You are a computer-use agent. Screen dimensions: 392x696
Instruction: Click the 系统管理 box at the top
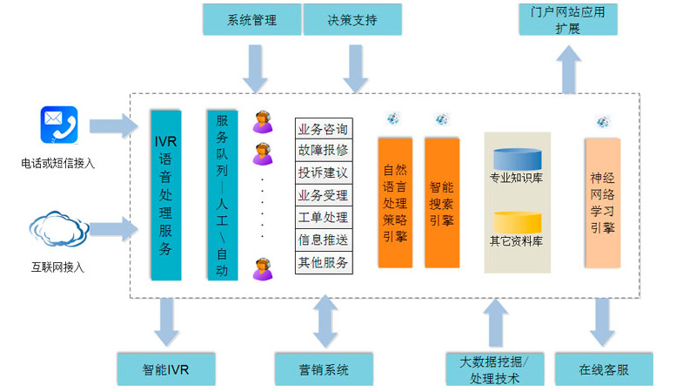pos(251,19)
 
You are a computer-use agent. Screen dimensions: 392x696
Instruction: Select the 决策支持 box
pos(352,19)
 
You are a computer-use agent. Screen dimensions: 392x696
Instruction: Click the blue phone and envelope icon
pos(58,125)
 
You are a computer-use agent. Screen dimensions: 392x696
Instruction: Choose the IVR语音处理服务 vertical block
pos(166,194)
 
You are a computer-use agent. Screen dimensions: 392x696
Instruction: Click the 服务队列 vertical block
pos(222,194)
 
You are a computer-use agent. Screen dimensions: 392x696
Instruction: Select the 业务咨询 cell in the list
pos(323,130)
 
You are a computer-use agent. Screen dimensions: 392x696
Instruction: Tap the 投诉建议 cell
pos(323,172)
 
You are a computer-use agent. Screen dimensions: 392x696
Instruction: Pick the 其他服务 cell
pos(323,262)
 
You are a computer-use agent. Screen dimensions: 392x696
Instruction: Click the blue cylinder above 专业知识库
pos(517,160)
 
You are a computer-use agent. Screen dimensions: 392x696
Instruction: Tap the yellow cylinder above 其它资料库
pos(518,221)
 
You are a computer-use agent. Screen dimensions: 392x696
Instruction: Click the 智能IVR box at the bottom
pos(166,369)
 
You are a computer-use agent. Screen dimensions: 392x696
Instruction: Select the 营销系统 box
pos(324,369)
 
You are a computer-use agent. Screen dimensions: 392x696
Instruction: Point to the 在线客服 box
pos(603,369)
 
